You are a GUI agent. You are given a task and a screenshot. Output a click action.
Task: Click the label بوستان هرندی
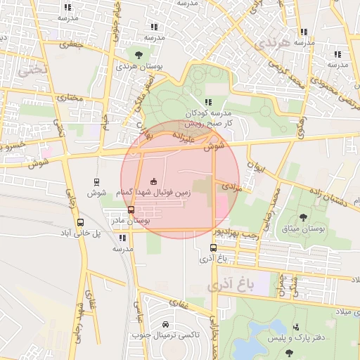point(136,65)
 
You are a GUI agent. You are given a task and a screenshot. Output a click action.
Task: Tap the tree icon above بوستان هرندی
point(138,54)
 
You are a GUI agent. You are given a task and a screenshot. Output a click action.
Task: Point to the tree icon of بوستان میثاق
point(303,217)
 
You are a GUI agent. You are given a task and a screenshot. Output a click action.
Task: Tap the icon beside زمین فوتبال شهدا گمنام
point(154,181)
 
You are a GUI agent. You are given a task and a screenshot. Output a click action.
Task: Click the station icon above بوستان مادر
point(131,210)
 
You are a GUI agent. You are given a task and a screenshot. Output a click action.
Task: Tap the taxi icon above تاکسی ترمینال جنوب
point(165,324)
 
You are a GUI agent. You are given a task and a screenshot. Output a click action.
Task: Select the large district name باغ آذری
point(229,285)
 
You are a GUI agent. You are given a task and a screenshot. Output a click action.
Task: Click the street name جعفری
point(71,44)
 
